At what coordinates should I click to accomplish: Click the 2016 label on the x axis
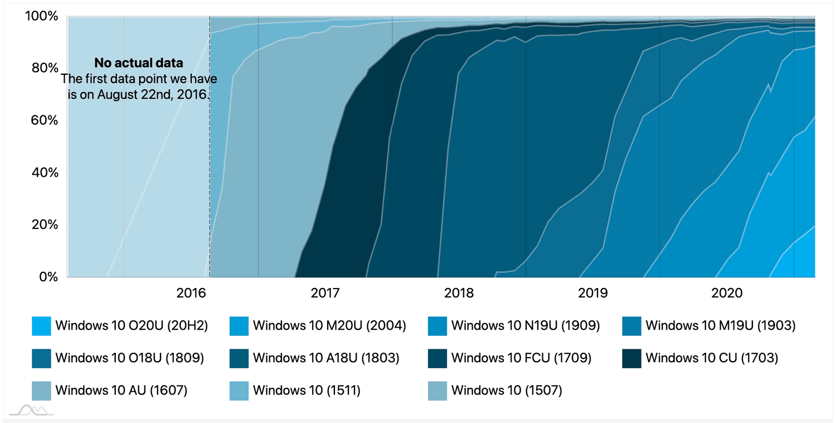pyautogui.click(x=191, y=292)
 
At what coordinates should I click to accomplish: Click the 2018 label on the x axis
pyautogui.click(x=459, y=292)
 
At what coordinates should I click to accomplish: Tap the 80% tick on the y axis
pyautogui.click(x=43, y=69)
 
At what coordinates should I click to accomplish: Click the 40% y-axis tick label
pyautogui.click(x=43, y=172)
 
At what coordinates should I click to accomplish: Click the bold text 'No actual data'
pyautogui.click(x=138, y=63)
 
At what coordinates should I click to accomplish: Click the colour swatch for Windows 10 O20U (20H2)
pyautogui.click(x=42, y=326)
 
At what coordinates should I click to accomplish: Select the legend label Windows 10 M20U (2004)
pyautogui.click(x=329, y=325)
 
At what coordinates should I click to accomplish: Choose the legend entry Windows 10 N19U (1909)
pyautogui.click(x=525, y=325)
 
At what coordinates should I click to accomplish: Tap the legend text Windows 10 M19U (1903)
pyautogui.click(x=720, y=325)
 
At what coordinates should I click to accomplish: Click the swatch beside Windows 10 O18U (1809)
pyautogui.click(x=42, y=358)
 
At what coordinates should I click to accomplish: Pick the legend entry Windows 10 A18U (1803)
pyautogui.click(x=326, y=358)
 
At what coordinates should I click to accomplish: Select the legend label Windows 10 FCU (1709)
pyautogui.click(x=521, y=358)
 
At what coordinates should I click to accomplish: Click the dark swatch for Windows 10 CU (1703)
pyautogui.click(x=631, y=358)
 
